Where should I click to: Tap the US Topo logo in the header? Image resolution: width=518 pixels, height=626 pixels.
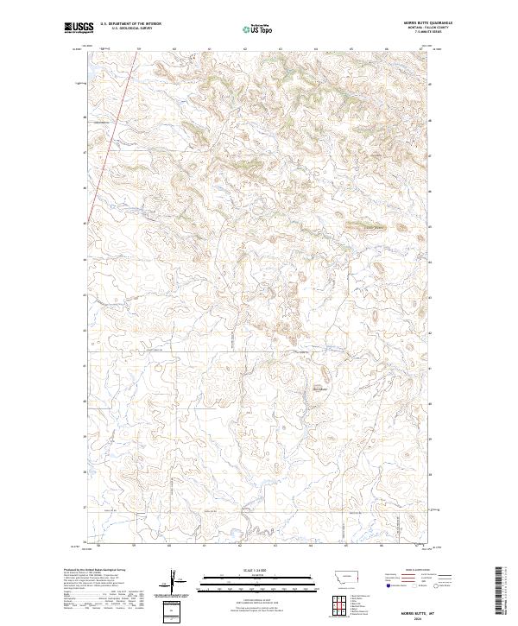tap(257, 29)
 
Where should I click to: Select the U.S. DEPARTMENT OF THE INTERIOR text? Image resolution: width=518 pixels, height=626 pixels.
tap(130, 24)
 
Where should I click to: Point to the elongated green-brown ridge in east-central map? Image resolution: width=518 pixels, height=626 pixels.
tap(368, 227)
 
